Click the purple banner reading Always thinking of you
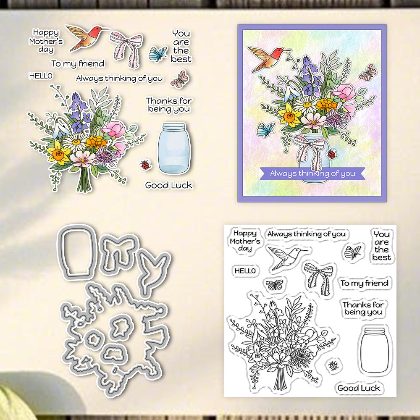[x=312, y=173]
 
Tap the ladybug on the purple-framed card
[x=332, y=154]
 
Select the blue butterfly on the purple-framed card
[x=265, y=129]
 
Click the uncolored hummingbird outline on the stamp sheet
[x=287, y=257]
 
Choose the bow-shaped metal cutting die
[x=118, y=253]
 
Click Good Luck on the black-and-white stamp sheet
[x=359, y=388]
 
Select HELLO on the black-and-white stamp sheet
[x=245, y=271]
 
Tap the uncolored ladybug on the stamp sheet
[x=333, y=365]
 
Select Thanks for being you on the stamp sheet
[x=363, y=308]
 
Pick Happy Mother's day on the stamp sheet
[x=245, y=241]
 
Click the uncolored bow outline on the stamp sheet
[x=319, y=278]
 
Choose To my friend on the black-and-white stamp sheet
[x=364, y=283]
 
